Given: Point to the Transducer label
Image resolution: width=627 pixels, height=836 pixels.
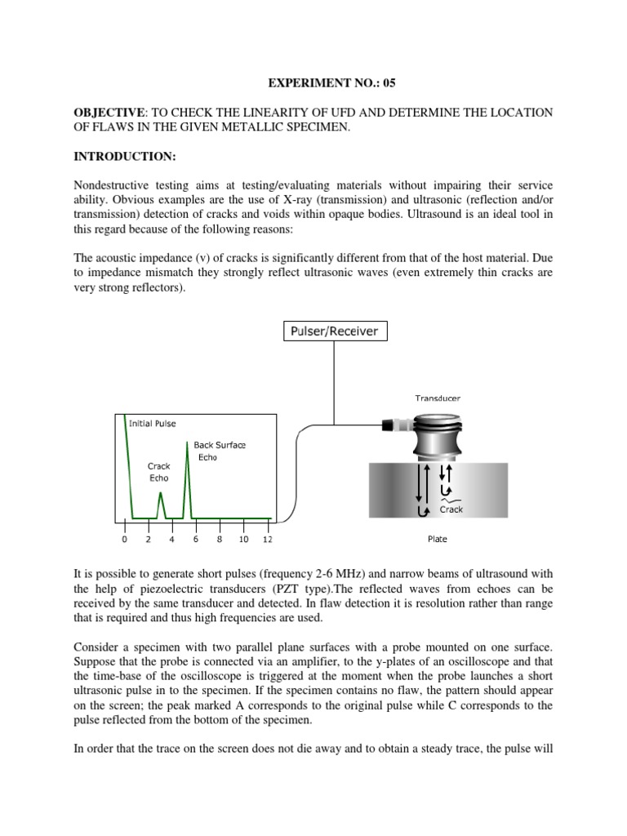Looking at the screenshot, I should coord(438,398).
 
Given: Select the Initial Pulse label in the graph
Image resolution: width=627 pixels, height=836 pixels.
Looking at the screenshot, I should coord(153,424).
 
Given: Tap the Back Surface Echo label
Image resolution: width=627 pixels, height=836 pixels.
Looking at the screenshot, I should coord(220,451).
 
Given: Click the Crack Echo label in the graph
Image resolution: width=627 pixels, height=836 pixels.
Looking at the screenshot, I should coord(158,472).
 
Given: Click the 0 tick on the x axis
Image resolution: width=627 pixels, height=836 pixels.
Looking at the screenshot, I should coord(124,540).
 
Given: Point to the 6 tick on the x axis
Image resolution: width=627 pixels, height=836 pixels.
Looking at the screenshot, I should coord(196,540).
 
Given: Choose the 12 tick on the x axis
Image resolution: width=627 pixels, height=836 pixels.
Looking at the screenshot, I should coord(268,540).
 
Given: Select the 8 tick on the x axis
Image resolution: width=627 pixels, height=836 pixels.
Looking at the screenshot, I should coord(220,540).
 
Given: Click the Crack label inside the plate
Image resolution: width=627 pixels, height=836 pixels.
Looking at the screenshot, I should coord(451,509).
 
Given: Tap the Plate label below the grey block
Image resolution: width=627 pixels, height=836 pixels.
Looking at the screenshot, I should coord(438,539).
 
